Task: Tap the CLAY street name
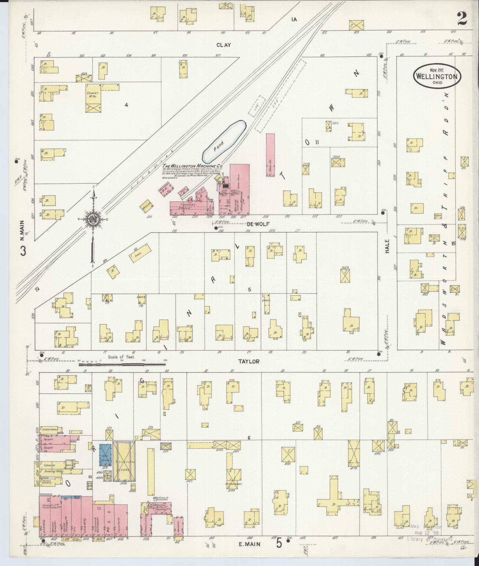[x=224, y=45]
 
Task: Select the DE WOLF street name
[x=254, y=224]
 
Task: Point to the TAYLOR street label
[x=249, y=362]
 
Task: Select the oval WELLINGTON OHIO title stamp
[x=437, y=75]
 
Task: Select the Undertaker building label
[x=49, y=429]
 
